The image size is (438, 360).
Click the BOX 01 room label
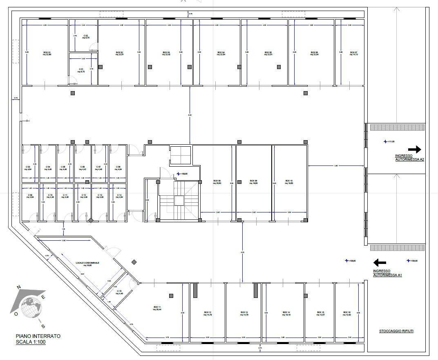click(47, 54)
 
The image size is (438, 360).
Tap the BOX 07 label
click(353, 53)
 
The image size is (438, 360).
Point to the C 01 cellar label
click(81, 70)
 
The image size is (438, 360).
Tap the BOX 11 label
click(157, 308)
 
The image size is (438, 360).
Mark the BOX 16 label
click(347, 313)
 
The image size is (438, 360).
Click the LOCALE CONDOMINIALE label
click(87, 264)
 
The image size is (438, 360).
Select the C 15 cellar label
click(119, 292)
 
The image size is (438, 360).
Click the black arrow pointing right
click(414, 149)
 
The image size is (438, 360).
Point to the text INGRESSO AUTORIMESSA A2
click(409, 158)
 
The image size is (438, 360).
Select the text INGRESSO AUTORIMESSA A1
click(387, 273)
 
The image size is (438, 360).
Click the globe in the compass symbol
click(32, 306)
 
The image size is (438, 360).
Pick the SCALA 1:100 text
click(31, 342)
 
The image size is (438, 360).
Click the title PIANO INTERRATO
click(38, 336)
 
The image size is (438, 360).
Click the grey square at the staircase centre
click(179, 200)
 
